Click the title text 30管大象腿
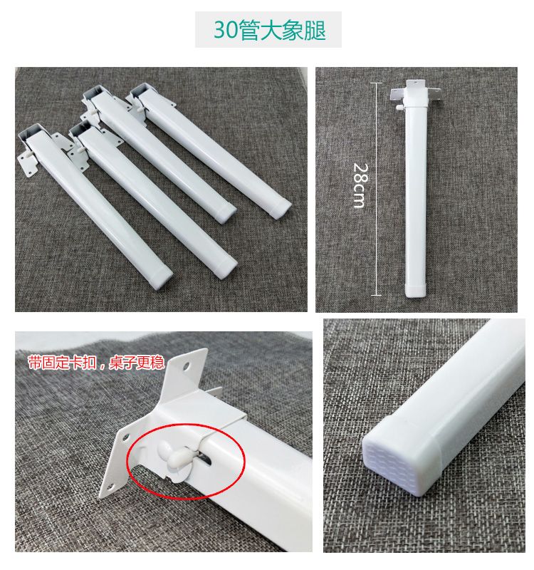[269, 30]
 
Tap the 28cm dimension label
[361, 186]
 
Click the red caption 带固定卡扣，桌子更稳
[96, 363]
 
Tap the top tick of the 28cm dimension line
[377, 83]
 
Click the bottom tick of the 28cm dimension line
[377, 295]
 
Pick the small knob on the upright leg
[399, 108]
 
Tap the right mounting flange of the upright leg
[435, 93]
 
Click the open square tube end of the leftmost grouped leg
[31, 133]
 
